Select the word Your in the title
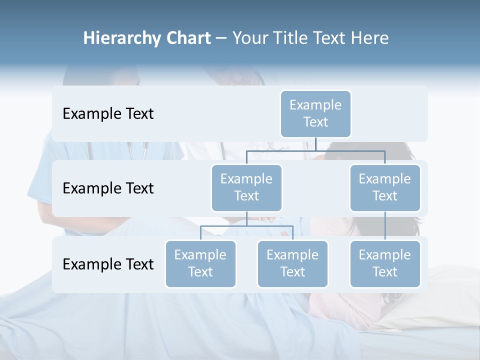pos(248,38)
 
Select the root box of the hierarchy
pos(315,113)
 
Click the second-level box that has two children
pos(246,187)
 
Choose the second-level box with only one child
pos(385,187)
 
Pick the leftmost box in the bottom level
pos(200,263)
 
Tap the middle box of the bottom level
pos(292,263)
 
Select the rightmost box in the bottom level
pos(385,263)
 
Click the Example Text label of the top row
pos(108,114)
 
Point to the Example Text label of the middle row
pos(108,188)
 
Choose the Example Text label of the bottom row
pos(108,264)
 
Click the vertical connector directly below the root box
pos(315,144)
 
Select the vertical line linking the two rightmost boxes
pos(385,226)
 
